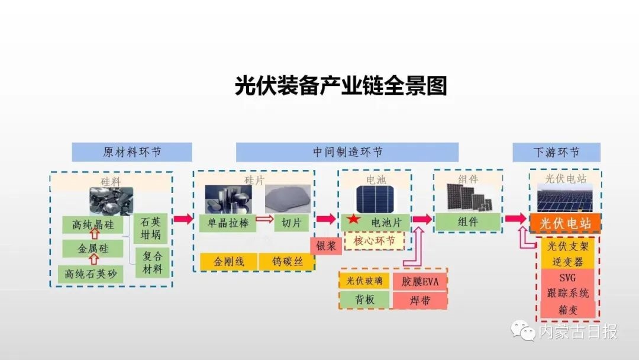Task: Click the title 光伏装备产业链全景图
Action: [340, 85]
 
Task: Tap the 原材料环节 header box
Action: [132, 152]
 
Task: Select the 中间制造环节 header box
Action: [347, 152]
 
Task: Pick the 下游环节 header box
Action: [556, 152]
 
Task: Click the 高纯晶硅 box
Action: [93, 225]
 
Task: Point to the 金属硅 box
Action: [93, 249]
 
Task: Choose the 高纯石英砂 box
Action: [91, 273]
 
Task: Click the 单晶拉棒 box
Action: [227, 223]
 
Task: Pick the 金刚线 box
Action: [228, 261]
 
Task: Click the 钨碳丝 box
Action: [288, 261]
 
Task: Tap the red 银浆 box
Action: [326, 245]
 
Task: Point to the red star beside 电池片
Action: [353, 220]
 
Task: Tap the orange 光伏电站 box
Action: [564, 223]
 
